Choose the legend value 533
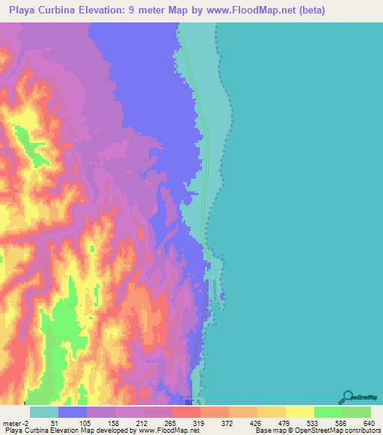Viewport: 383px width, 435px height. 314,422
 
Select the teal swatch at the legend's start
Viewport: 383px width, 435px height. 44,412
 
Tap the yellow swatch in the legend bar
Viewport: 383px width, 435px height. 300,412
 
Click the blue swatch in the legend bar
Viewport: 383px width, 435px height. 73,412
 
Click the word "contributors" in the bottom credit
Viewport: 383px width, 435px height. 362,431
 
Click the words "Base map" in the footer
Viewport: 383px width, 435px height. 267,431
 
